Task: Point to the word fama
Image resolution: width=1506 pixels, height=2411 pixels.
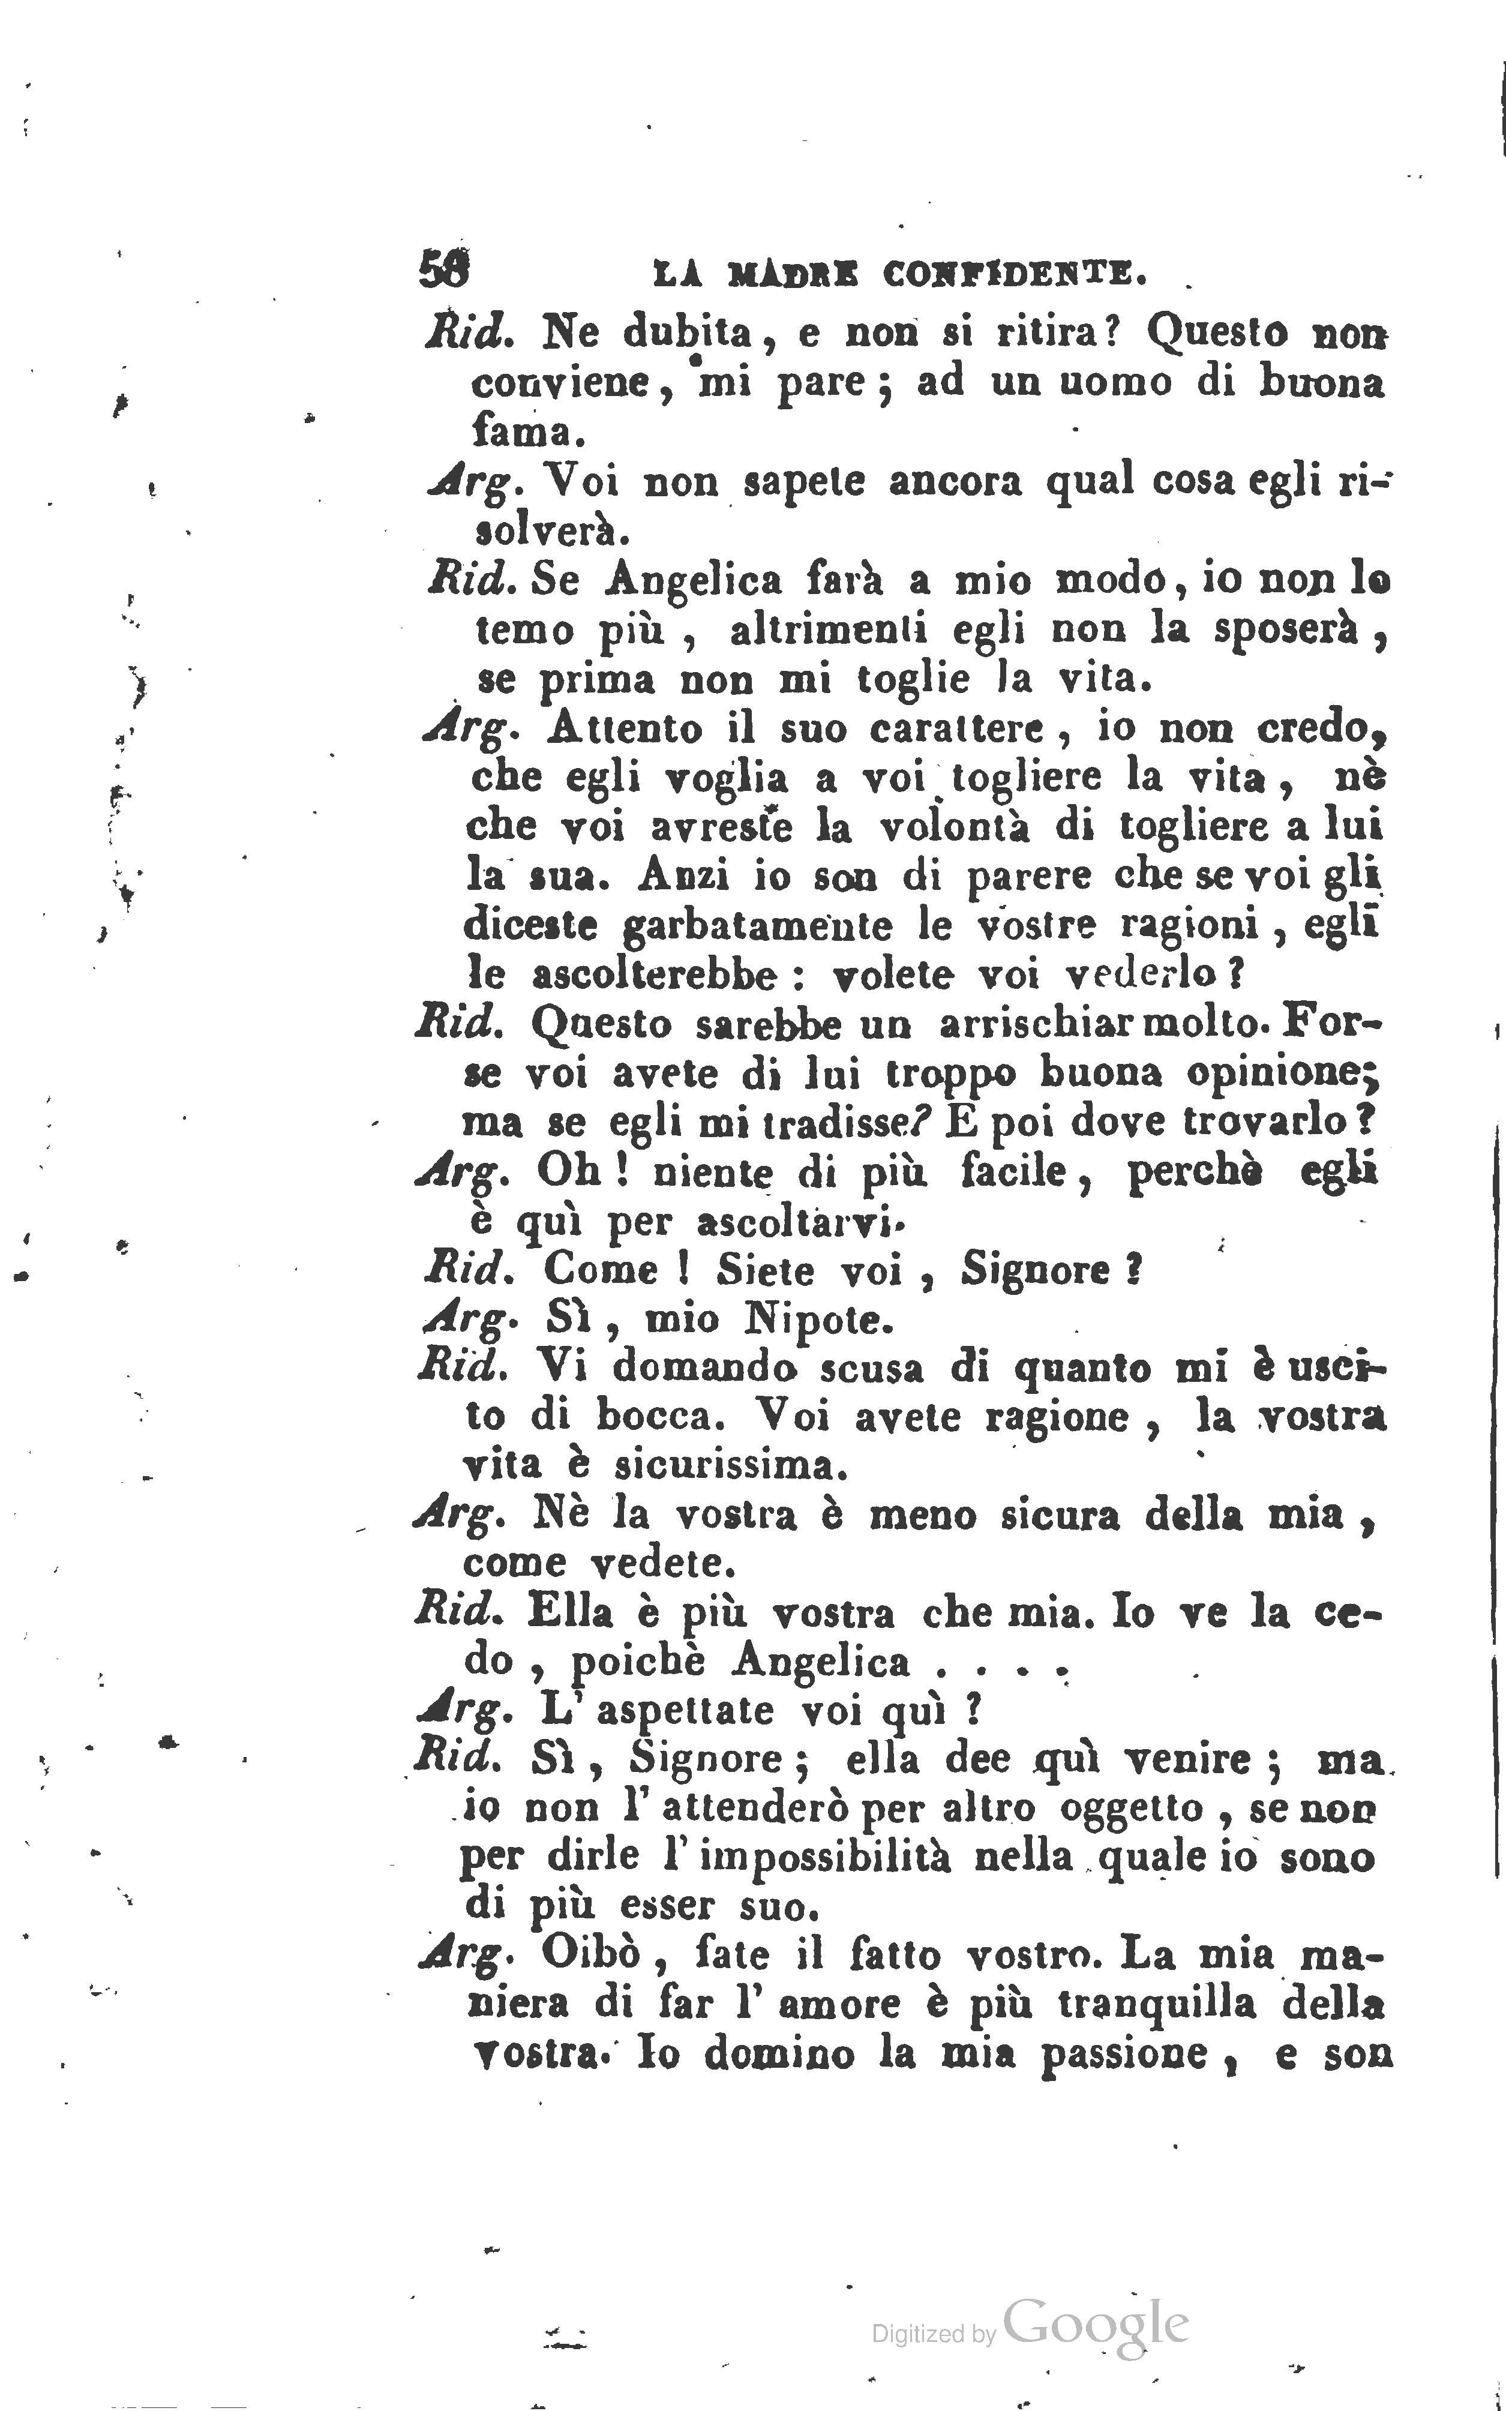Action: pyautogui.click(x=520, y=432)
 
